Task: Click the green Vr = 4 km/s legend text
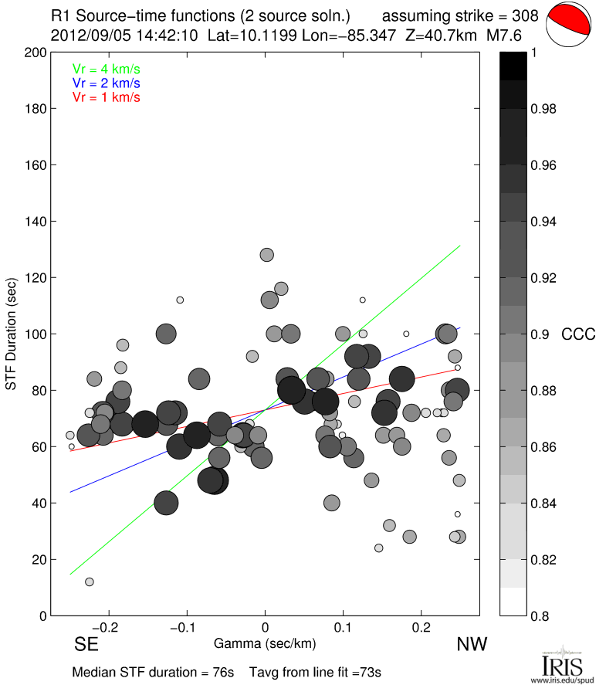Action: [x=106, y=70]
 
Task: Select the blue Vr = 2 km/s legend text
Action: [x=106, y=83]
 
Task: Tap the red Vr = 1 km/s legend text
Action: [x=106, y=97]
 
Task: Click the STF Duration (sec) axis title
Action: [x=12, y=334]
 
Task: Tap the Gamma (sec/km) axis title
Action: [x=264, y=643]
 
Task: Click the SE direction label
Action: [x=86, y=644]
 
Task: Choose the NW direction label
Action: [x=470, y=644]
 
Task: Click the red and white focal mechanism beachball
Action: [x=568, y=25]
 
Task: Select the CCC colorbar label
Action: [x=577, y=334]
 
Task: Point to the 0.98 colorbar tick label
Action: [x=544, y=109]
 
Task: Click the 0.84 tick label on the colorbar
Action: [x=544, y=504]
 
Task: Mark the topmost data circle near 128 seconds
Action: [x=267, y=255]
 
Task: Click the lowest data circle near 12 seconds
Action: [x=90, y=582]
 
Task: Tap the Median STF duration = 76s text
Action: [x=153, y=672]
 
